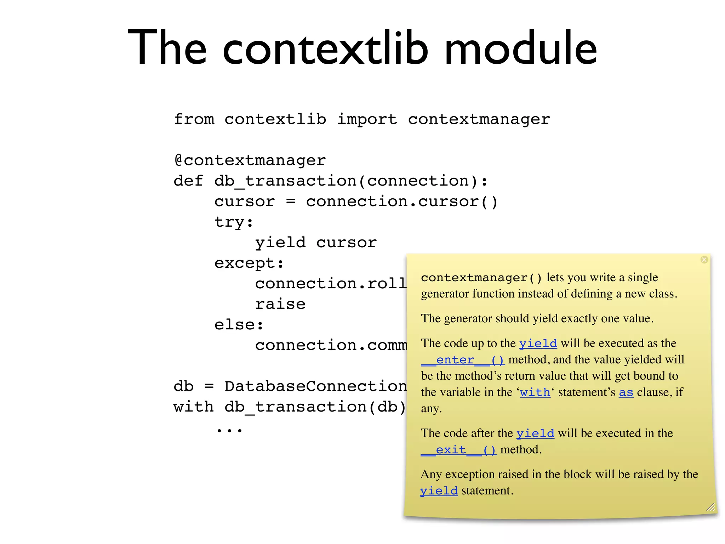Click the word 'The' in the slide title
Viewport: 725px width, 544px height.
[167, 48]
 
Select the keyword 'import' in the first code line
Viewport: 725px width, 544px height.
[367, 120]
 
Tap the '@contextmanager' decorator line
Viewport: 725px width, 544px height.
[250, 160]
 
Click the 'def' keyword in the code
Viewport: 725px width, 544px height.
[188, 181]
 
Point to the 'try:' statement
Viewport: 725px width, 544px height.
[234, 222]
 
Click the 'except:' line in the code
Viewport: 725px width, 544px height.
[249, 263]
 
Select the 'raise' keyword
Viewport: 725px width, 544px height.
[280, 304]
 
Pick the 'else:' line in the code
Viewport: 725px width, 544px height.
[239, 325]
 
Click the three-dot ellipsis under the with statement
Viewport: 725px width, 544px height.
[229, 430]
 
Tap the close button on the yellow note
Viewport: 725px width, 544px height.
[704, 260]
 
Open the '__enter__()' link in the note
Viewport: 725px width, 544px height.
[462, 360]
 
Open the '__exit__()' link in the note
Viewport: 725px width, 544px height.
[458, 450]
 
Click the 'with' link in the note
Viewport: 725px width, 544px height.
[535, 392]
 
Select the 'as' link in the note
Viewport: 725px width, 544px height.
[626, 392]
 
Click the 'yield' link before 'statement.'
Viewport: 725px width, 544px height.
[439, 491]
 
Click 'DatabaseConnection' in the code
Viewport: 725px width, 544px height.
[316, 386]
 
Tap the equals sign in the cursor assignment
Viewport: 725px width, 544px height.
[290, 202]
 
